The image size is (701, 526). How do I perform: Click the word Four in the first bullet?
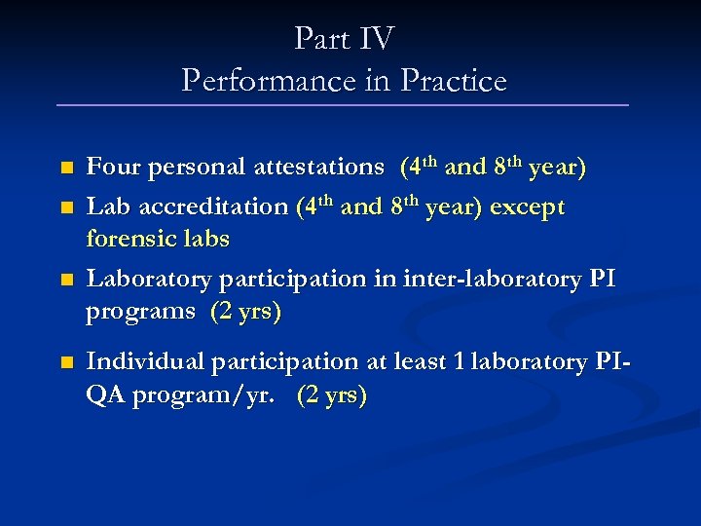[x=112, y=167]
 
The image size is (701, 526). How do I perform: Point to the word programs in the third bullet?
[x=140, y=312]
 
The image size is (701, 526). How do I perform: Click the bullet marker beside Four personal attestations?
[x=66, y=168]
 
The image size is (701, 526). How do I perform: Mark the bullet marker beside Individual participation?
[x=66, y=362]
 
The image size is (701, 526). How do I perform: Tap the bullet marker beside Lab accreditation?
[x=66, y=208]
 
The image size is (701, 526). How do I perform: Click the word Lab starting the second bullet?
[x=105, y=207]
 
